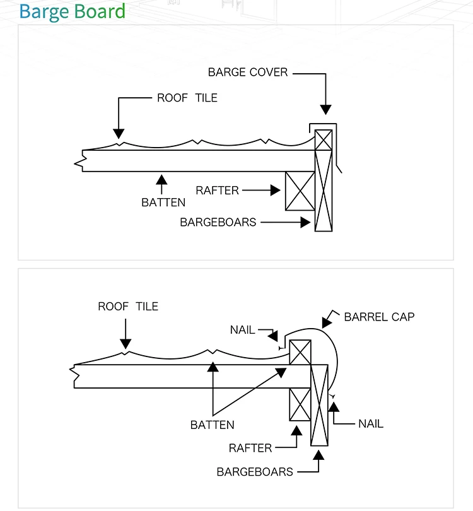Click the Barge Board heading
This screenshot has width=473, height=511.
point(73,11)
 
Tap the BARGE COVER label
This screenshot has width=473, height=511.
point(248,72)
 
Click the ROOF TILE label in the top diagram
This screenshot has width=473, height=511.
point(187,98)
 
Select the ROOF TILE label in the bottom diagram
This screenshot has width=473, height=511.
point(128,307)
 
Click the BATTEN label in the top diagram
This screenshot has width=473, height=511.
point(163,203)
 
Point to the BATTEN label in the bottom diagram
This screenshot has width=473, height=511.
point(212,425)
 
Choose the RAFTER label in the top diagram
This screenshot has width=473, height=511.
point(217,191)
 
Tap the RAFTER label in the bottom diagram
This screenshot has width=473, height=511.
point(250,448)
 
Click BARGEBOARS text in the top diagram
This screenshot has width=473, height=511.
point(218,222)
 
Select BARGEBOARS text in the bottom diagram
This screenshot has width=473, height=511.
point(255,472)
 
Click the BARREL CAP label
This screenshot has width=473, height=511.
point(379,317)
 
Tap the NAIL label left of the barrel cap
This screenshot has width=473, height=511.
point(242,330)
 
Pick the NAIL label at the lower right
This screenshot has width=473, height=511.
point(371,424)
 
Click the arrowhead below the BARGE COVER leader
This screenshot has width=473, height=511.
point(326,110)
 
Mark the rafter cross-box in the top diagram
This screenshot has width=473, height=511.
point(300,191)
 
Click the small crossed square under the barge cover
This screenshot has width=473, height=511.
point(324,140)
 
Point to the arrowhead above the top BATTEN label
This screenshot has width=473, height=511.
point(161,180)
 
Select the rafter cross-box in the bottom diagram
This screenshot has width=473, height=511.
point(300,404)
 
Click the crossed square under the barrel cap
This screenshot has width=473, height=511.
point(300,352)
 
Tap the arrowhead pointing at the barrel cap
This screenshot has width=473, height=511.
point(327,322)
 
